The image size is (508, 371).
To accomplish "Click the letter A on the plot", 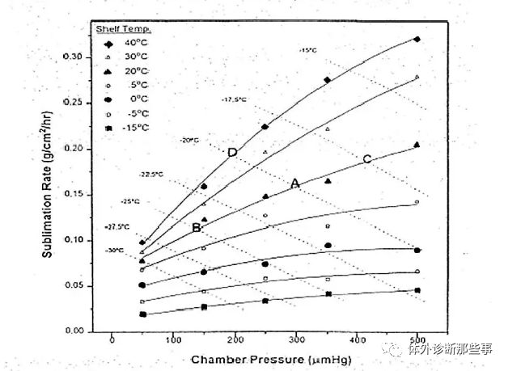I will pyautogui.click(x=295, y=184).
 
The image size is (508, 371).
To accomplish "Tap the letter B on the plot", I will pyautogui.click(x=197, y=228).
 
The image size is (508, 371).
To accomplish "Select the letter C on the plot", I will pyautogui.click(x=366, y=159).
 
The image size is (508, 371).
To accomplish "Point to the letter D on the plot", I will pyautogui.click(x=232, y=153).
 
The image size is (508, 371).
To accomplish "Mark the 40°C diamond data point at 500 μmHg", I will pyautogui.click(x=417, y=39).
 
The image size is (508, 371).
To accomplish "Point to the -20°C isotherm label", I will pyautogui.click(x=189, y=141).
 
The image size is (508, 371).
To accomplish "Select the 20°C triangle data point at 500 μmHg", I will pyautogui.click(x=417, y=145).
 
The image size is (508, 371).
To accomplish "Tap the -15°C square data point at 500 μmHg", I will pyautogui.click(x=417, y=290).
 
